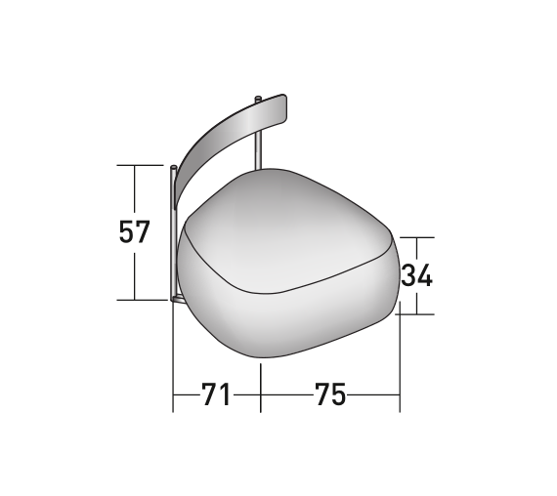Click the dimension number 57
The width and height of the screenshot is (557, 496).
pyautogui.click(x=134, y=231)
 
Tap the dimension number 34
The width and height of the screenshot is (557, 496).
pyautogui.click(x=416, y=274)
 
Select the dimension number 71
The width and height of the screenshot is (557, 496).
pyautogui.click(x=216, y=394)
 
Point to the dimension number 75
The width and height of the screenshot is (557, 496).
pyautogui.click(x=330, y=394)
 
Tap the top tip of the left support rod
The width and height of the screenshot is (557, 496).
pyautogui.click(x=173, y=167)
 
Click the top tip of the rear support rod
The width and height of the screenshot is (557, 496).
pyautogui.click(x=258, y=98)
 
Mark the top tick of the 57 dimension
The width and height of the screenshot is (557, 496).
pyautogui.click(x=140, y=165)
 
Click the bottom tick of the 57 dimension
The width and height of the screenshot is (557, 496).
pyautogui.click(x=142, y=300)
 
